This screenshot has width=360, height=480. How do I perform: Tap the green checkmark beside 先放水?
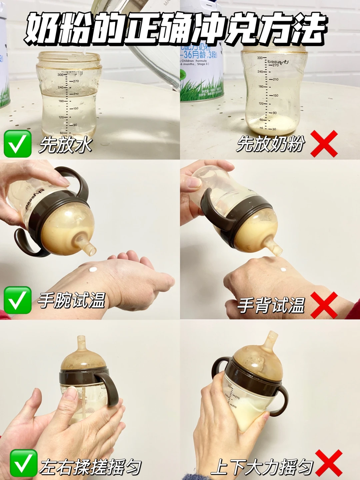click(17, 144)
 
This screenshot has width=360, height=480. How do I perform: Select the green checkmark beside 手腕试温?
click(17, 300)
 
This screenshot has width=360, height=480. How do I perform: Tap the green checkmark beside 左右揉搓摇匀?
click(23, 463)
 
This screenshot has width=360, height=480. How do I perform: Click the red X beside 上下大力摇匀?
click(329, 463)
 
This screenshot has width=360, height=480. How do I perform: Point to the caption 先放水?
click(65, 145)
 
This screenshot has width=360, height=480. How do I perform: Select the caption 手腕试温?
click(72, 300)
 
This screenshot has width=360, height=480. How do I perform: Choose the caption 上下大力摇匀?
click(262, 467)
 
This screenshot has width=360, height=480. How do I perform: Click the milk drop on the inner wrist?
click(93, 269)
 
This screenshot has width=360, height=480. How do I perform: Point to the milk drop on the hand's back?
click(283, 269)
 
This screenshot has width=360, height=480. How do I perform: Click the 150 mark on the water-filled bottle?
click(76, 108)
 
